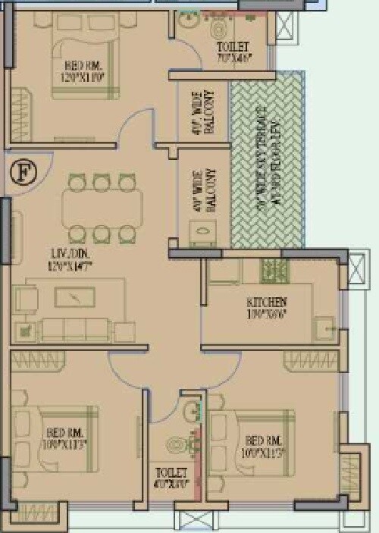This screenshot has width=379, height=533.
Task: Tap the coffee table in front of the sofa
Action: pos(77,298)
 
